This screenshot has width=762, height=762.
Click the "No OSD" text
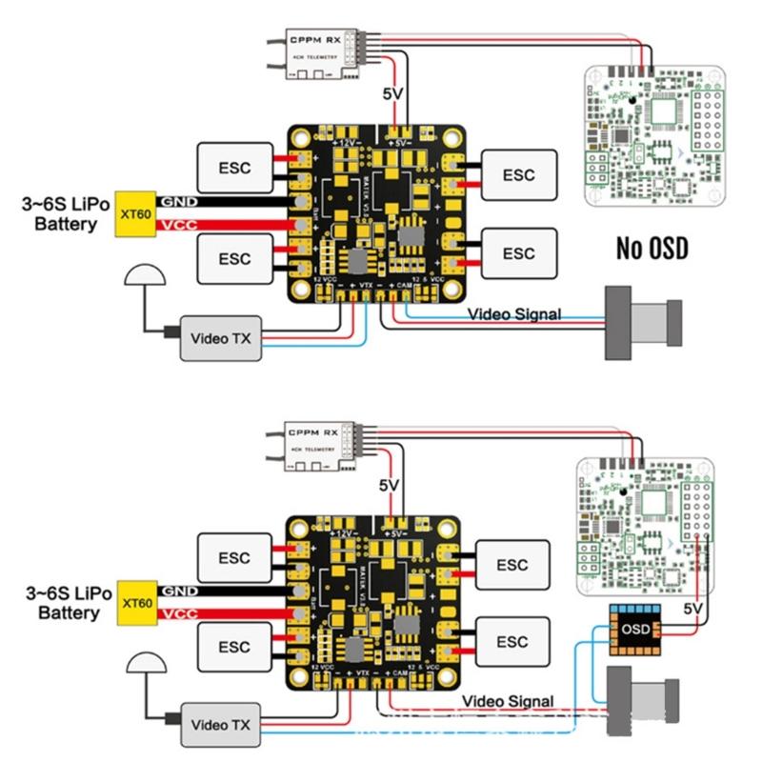(652, 250)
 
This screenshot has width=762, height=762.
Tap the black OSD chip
(635, 629)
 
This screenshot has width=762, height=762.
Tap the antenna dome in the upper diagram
(145, 277)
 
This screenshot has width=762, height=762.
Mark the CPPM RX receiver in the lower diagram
(315, 443)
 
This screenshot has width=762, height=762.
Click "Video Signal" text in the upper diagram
(514, 313)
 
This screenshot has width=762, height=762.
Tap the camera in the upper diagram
(644, 323)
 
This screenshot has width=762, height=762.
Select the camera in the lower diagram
(644, 701)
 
